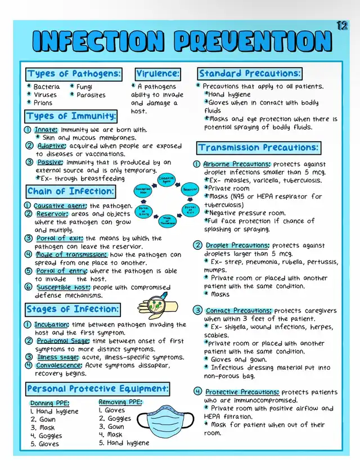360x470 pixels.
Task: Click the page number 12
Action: (342, 25)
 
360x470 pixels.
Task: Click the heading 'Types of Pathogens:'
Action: (74, 74)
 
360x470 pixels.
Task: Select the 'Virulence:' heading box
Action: (158, 74)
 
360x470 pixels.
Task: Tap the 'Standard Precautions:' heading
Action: (250, 74)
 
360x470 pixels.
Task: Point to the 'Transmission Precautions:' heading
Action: (259, 148)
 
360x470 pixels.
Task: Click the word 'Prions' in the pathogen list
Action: (43, 103)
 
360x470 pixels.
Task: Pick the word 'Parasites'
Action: (91, 95)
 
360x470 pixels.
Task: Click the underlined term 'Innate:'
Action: (46, 129)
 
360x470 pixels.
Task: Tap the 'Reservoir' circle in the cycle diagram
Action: (190, 190)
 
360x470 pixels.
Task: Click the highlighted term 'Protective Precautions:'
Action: (242, 392)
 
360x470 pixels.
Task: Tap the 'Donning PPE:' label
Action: (50, 403)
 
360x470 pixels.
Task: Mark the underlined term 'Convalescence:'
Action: (58, 365)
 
